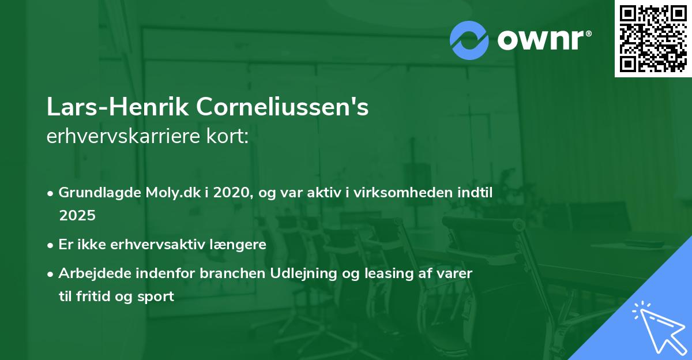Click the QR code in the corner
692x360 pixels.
[653, 39]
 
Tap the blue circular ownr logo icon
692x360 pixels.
[469, 40]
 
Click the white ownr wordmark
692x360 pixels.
[544, 40]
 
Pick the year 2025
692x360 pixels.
[77, 215]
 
